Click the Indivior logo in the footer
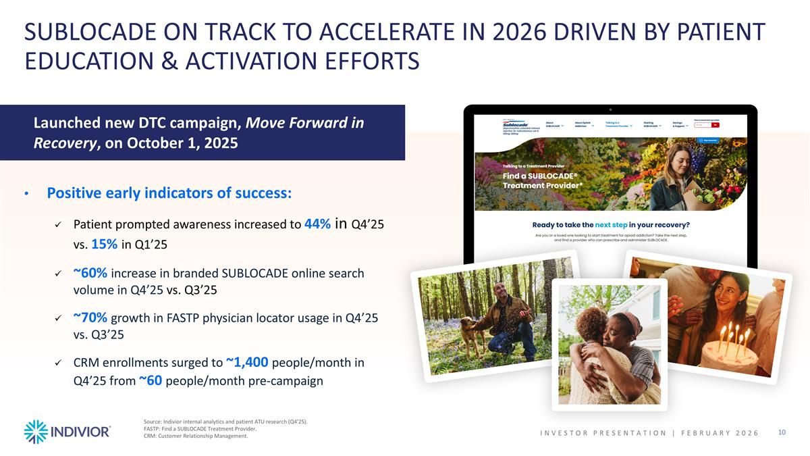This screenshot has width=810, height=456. tap(67, 432)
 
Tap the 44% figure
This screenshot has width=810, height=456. tap(317, 224)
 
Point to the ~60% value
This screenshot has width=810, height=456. tap(90, 273)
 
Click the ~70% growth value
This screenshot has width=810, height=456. tap(90, 318)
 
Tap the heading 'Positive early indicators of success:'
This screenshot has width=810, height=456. tap(169, 193)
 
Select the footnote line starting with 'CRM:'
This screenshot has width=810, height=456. tap(196, 436)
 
